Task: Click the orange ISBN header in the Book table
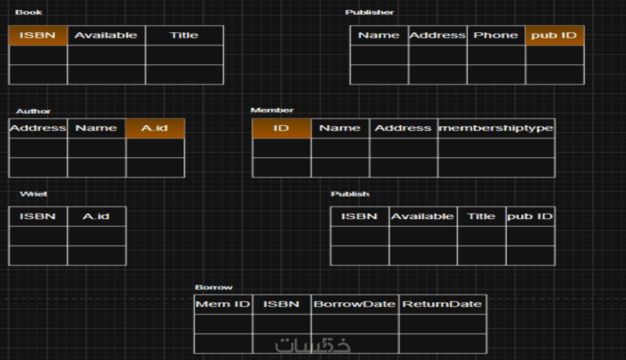coord(38,35)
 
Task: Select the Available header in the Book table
coord(106,35)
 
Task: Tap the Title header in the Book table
coord(184,35)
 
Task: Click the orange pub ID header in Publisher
coord(554,35)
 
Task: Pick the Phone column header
coord(495,35)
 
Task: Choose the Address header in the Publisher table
coord(437,35)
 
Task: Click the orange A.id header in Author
coord(155,128)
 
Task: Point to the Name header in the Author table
coord(96,128)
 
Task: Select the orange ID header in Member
coord(282,128)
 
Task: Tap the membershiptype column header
coord(496,128)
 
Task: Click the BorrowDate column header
coord(354,304)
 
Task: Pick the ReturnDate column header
coord(442,304)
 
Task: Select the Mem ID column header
coord(223,304)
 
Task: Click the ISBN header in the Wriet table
coord(38,216)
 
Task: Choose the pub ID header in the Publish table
coord(530,216)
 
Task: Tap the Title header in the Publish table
coord(481,216)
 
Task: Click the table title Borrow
coord(214,287)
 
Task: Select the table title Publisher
coord(369,13)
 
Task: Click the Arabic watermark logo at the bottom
coord(312,344)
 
